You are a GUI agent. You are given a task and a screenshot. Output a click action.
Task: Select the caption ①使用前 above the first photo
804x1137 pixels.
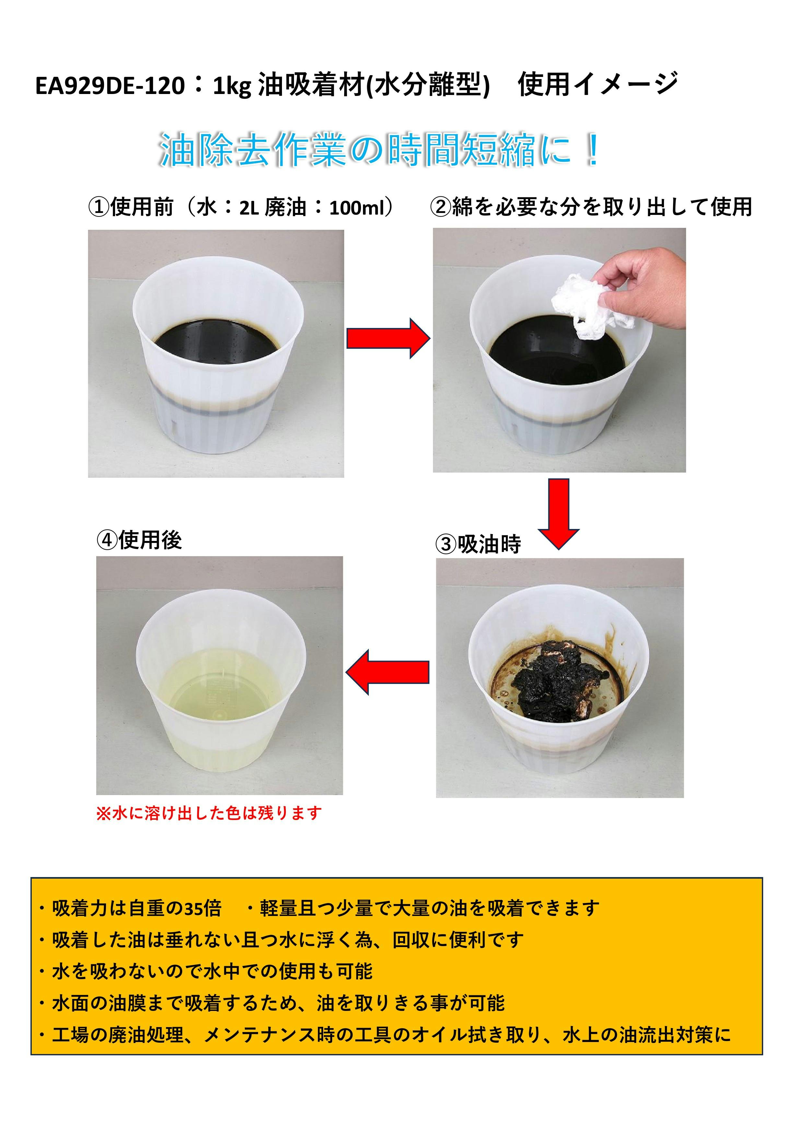coord(131,207)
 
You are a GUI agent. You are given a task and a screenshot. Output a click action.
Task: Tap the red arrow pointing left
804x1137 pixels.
coord(387,672)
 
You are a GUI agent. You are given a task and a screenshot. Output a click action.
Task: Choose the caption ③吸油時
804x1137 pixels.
coord(478,544)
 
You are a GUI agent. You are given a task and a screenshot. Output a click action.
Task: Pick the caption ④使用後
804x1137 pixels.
coord(139,540)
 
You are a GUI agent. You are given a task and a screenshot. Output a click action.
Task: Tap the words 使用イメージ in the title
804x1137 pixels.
coord(598,84)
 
